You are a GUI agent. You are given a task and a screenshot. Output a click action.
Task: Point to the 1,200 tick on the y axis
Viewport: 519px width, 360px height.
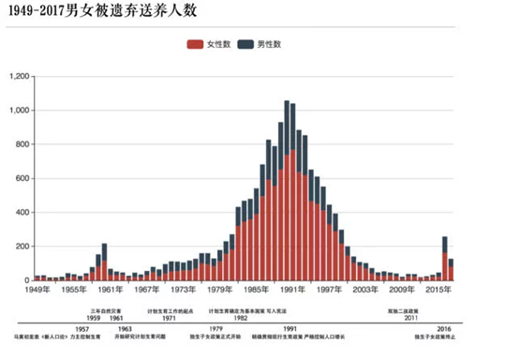click(x=17, y=76)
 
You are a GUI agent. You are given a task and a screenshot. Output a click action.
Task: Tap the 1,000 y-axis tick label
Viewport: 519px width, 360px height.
click(x=17, y=111)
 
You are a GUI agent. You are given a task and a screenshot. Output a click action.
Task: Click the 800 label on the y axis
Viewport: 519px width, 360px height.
click(x=21, y=144)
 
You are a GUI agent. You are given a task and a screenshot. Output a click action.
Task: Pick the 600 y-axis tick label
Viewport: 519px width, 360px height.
click(x=21, y=178)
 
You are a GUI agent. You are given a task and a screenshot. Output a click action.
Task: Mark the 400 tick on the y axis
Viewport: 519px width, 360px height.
click(x=21, y=213)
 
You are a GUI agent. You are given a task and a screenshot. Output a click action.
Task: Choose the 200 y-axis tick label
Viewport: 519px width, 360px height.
click(x=21, y=247)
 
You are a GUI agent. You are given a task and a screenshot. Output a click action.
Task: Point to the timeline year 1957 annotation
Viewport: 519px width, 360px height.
click(x=82, y=329)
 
